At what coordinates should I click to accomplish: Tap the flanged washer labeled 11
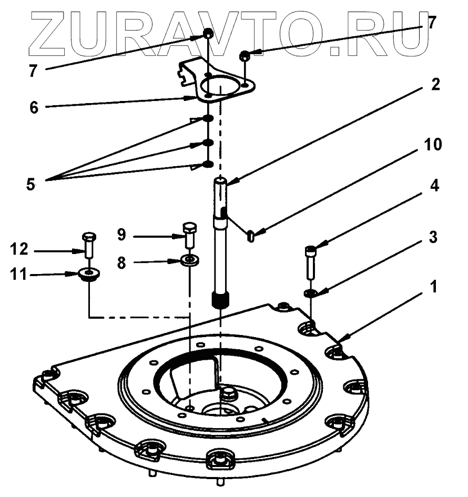click(89, 275)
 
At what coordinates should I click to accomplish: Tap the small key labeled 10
click(250, 236)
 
